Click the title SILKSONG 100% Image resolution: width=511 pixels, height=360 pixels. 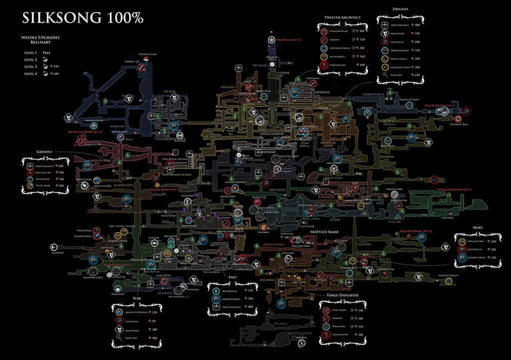point(83,18)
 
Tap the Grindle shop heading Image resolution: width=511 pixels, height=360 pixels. point(44,151)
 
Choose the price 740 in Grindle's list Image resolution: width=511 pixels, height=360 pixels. point(61,179)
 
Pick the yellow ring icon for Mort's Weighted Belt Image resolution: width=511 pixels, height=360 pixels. point(465,241)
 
